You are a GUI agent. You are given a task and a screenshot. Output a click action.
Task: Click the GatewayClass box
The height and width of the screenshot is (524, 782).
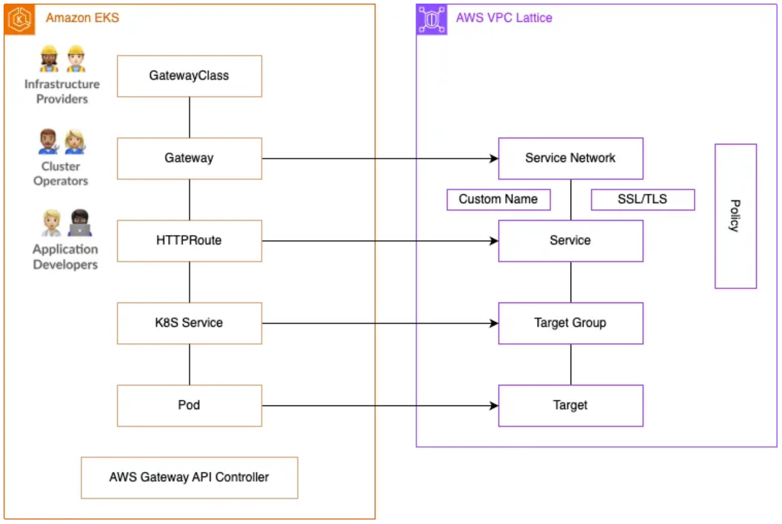[x=189, y=76]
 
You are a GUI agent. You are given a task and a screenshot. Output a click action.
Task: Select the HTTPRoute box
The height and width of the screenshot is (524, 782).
[x=189, y=241]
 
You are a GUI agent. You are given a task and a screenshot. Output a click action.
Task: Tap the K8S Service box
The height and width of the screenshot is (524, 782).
[x=189, y=323]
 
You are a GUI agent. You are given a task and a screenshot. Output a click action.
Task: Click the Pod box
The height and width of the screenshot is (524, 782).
[x=189, y=405]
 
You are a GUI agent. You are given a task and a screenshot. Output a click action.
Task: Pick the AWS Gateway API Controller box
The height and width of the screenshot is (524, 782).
[x=189, y=478]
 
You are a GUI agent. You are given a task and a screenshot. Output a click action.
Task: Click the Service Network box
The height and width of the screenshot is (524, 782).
[x=571, y=159]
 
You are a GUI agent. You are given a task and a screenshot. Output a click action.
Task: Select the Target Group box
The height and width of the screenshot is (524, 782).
[x=571, y=323]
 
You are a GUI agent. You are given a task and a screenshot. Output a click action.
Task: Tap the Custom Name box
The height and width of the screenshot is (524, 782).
[x=498, y=200]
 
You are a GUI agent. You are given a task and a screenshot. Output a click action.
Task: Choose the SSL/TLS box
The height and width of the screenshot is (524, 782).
[x=643, y=200]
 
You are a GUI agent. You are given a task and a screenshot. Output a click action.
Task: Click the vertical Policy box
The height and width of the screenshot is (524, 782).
[x=736, y=216]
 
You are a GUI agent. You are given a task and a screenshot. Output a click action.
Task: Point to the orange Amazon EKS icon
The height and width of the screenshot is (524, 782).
[x=20, y=20]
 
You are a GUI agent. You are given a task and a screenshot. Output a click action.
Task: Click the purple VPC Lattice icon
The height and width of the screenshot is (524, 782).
[x=432, y=20]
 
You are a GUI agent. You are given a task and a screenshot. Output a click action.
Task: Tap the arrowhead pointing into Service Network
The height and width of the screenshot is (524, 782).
[x=494, y=159]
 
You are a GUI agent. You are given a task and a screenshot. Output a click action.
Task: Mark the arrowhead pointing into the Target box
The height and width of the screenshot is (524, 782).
[x=494, y=405]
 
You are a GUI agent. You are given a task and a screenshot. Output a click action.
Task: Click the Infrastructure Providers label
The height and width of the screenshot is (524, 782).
[x=62, y=91]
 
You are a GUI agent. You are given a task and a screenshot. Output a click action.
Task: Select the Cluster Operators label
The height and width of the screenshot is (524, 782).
[x=61, y=173]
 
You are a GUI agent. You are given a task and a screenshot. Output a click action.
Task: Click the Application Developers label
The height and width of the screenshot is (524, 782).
[x=65, y=257]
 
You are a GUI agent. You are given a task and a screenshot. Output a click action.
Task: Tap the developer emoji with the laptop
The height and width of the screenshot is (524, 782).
[x=80, y=223]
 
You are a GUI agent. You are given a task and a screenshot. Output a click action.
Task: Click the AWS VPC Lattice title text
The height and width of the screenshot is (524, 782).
[x=504, y=18]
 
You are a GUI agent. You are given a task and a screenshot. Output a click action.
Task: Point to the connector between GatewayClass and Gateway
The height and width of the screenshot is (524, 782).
[x=189, y=118]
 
